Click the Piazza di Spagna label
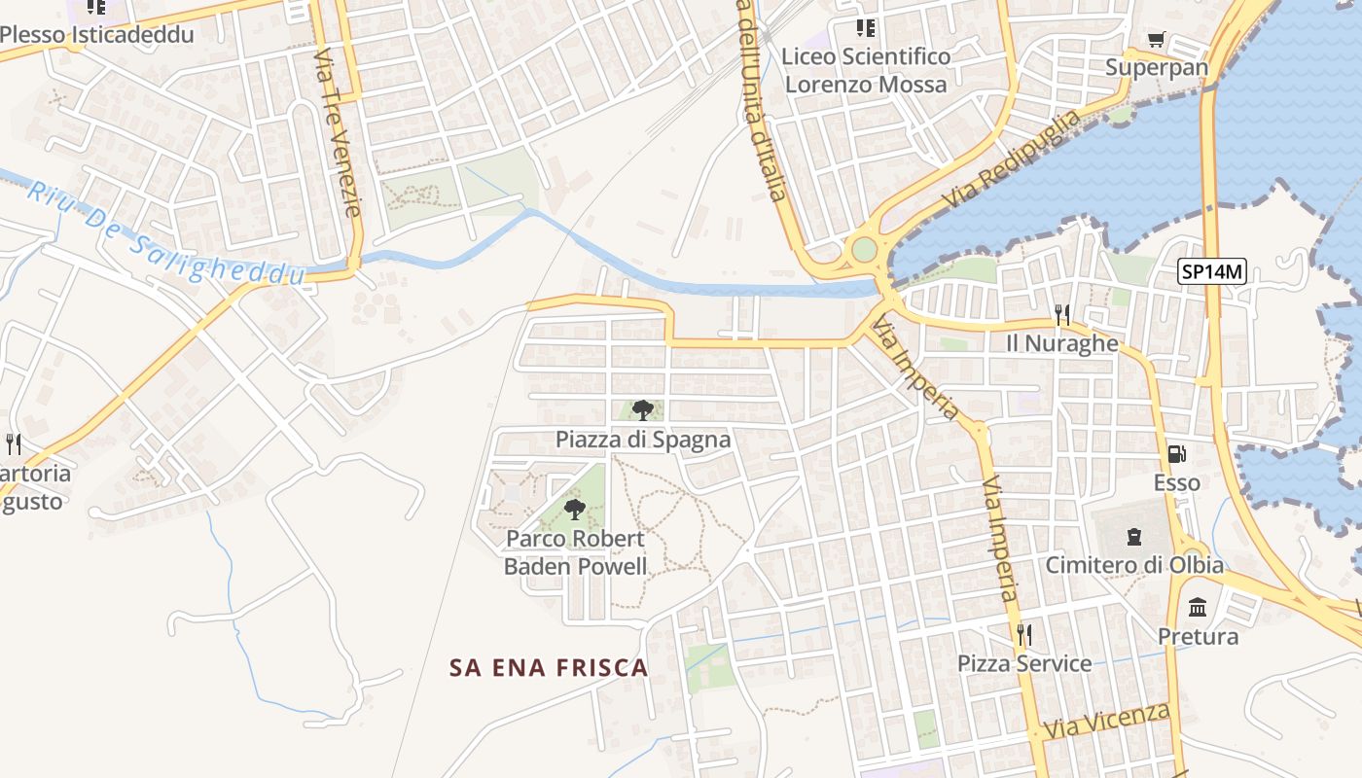[643, 440]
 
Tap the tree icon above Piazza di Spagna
[642, 409]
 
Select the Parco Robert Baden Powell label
[575, 552]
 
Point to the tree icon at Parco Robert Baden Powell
[575, 509]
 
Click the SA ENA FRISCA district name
[549, 667]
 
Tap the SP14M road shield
[1211, 272]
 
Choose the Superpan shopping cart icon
[1156, 40]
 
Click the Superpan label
[1157, 68]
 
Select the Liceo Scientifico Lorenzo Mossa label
[866, 70]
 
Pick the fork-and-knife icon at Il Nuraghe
[1062, 314]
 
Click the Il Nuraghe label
[1062, 343]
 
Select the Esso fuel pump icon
[1176, 454]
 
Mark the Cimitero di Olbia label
[1134, 565]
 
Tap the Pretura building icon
[1198, 608]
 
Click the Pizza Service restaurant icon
[1023, 635]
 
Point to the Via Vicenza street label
[1107, 721]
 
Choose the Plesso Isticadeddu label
[97, 35]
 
